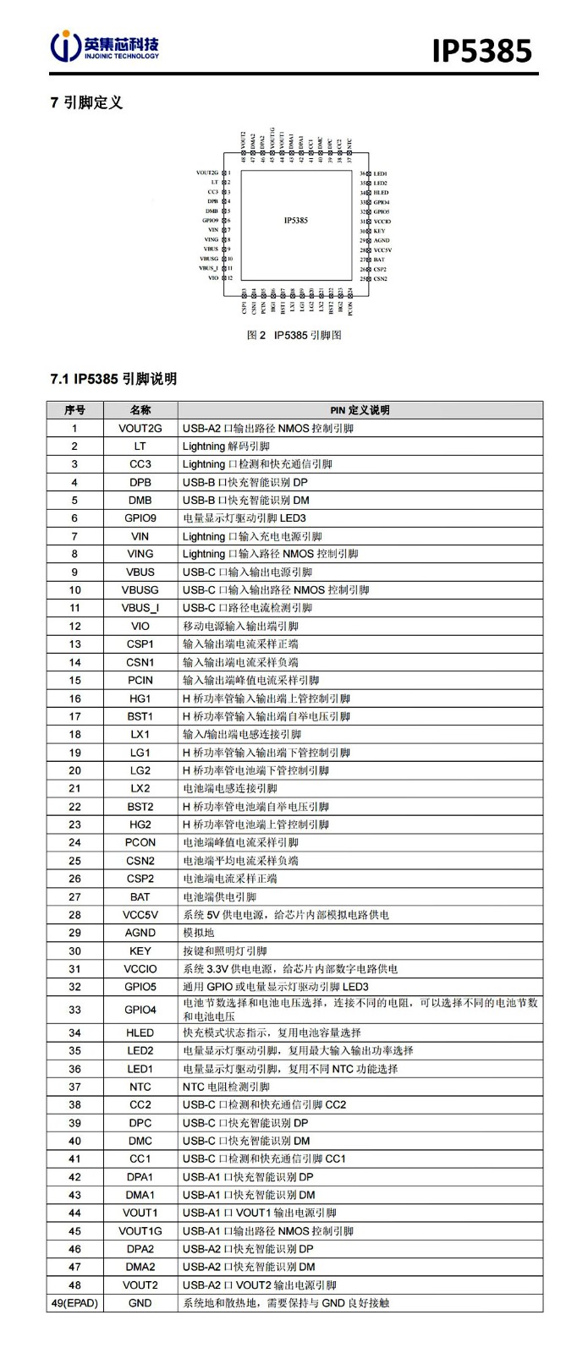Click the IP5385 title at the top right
481,50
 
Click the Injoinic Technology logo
105,47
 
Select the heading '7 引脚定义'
86,102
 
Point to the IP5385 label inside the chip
295,220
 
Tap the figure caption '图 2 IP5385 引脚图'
294,335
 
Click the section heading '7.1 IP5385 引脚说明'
113,379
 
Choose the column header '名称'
140,410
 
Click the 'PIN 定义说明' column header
360,410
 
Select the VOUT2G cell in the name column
140,428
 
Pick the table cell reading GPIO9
140,518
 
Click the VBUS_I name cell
140,608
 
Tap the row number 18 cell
75,734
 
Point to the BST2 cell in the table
140,807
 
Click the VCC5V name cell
140,915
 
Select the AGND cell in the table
140,933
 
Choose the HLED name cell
140,1033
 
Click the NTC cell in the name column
140,1087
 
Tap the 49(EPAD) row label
75,1303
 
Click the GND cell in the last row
140,1303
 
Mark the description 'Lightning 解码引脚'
226,446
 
